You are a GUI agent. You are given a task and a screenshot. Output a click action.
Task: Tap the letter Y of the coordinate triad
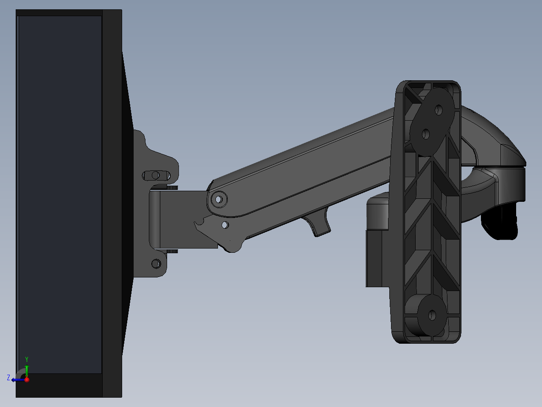[x=27, y=359]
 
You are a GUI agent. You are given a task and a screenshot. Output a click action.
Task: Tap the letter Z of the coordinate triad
[x=8, y=378]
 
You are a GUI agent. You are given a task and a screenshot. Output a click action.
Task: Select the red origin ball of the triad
[x=27, y=379]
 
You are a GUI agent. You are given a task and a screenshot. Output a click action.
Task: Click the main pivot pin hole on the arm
[x=218, y=199]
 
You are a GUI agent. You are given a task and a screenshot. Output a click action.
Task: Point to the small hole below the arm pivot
[x=225, y=225]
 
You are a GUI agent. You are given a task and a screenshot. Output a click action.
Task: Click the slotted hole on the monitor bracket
[x=156, y=175]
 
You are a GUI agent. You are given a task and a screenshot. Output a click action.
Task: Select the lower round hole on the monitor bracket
[x=156, y=263]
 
